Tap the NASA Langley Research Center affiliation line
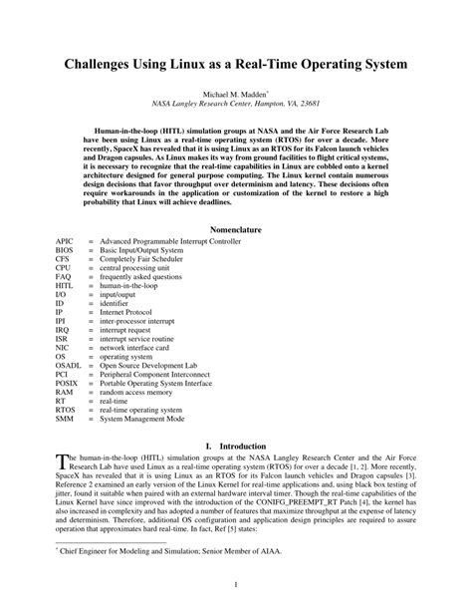click(x=235, y=102)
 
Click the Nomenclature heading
click(x=235, y=228)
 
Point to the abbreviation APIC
click(x=65, y=242)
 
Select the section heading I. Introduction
click(x=235, y=447)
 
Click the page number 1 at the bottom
click(x=236, y=585)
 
